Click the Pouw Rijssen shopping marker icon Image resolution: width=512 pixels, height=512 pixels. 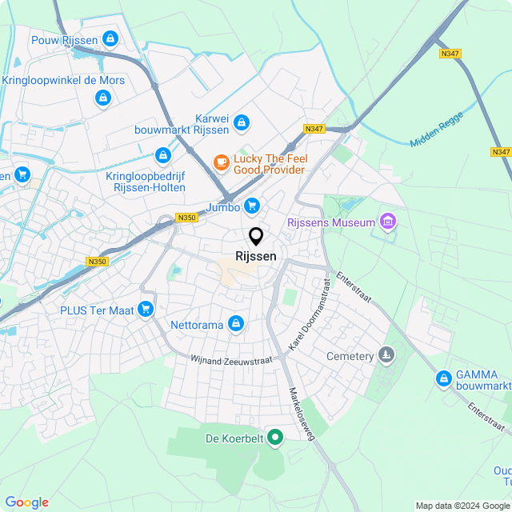pyautogui.click(x=110, y=38)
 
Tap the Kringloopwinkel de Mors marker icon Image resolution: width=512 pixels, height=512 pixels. pyautogui.click(x=102, y=98)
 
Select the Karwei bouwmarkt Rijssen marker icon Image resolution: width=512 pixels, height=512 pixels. pyautogui.click(x=242, y=123)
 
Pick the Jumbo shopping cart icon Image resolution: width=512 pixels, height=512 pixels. pyautogui.click(x=253, y=206)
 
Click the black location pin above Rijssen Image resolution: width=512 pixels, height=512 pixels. pyautogui.click(x=256, y=237)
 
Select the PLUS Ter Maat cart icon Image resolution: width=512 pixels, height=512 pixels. pyautogui.click(x=145, y=309)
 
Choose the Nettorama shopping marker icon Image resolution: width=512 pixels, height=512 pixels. pyautogui.click(x=235, y=324)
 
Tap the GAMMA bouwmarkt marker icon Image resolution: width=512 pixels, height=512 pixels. pyautogui.click(x=443, y=378)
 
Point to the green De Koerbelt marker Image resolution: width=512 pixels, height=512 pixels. pyautogui.click(x=275, y=437)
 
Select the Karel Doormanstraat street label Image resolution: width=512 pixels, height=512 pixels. pyautogui.click(x=310, y=313)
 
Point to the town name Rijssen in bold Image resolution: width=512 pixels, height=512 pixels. pyautogui.click(x=256, y=256)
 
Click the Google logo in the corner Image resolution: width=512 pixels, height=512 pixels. pyautogui.click(x=26, y=502)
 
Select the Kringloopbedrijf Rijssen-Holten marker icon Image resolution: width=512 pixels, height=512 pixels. pyautogui.click(x=163, y=154)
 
